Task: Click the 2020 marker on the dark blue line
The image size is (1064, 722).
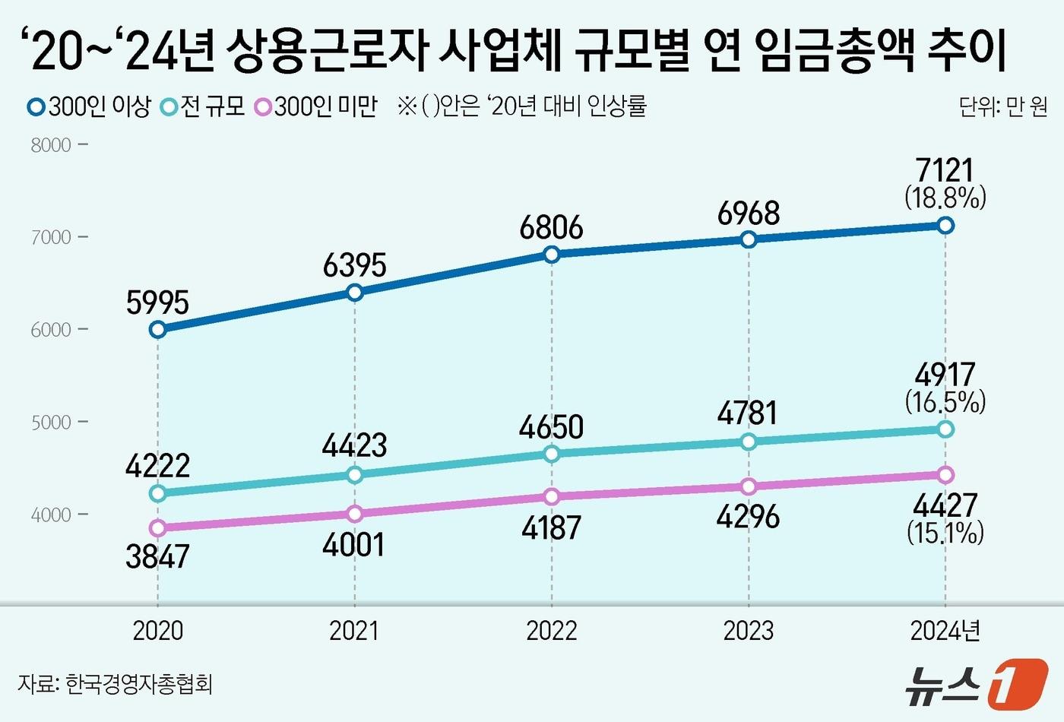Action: tap(157, 329)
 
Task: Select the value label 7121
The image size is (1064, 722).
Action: tap(945, 170)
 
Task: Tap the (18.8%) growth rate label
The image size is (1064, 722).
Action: tap(945, 198)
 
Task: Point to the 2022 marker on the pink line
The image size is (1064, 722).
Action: tap(552, 496)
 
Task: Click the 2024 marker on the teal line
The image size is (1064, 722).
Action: tap(945, 429)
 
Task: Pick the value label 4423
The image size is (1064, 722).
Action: tap(354, 445)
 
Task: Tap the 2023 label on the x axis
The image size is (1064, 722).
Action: tap(749, 631)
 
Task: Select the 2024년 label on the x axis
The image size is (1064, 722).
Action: tap(945, 631)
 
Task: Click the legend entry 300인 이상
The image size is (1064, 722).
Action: tap(90, 106)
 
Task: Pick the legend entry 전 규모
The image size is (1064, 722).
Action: tap(204, 106)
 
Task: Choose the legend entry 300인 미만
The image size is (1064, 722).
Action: tap(316, 106)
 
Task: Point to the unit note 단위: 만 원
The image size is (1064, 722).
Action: tap(1002, 107)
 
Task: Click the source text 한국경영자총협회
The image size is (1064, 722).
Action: tap(138, 684)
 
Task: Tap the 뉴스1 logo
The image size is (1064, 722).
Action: tap(976, 683)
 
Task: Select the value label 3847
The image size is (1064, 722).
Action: tap(157, 557)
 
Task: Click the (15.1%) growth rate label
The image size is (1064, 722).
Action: tap(945, 532)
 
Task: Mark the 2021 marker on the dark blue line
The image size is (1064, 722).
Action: tap(354, 293)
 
